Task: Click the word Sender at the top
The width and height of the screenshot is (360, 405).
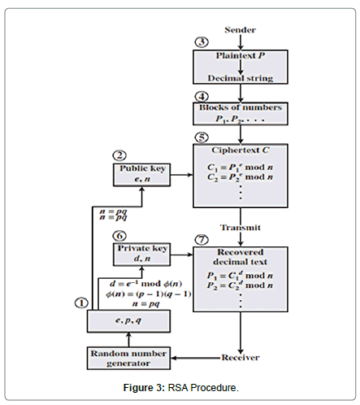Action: click(240, 30)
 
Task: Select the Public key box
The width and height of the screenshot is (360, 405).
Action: click(141, 172)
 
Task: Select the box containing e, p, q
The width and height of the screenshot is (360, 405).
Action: click(128, 322)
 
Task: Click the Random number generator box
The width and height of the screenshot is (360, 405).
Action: click(128, 357)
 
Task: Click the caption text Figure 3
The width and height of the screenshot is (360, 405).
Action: click(146, 387)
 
